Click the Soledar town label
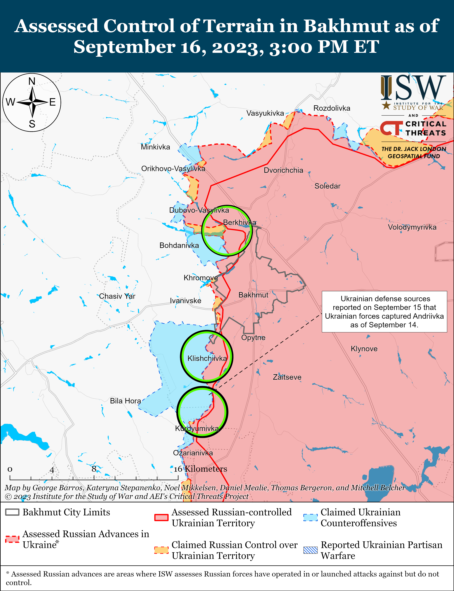pyautogui.click(x=327, y=186)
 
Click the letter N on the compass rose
pyautogui.click(x=32, y=81)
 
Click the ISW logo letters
pyautogui.click(x=413, y=88)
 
